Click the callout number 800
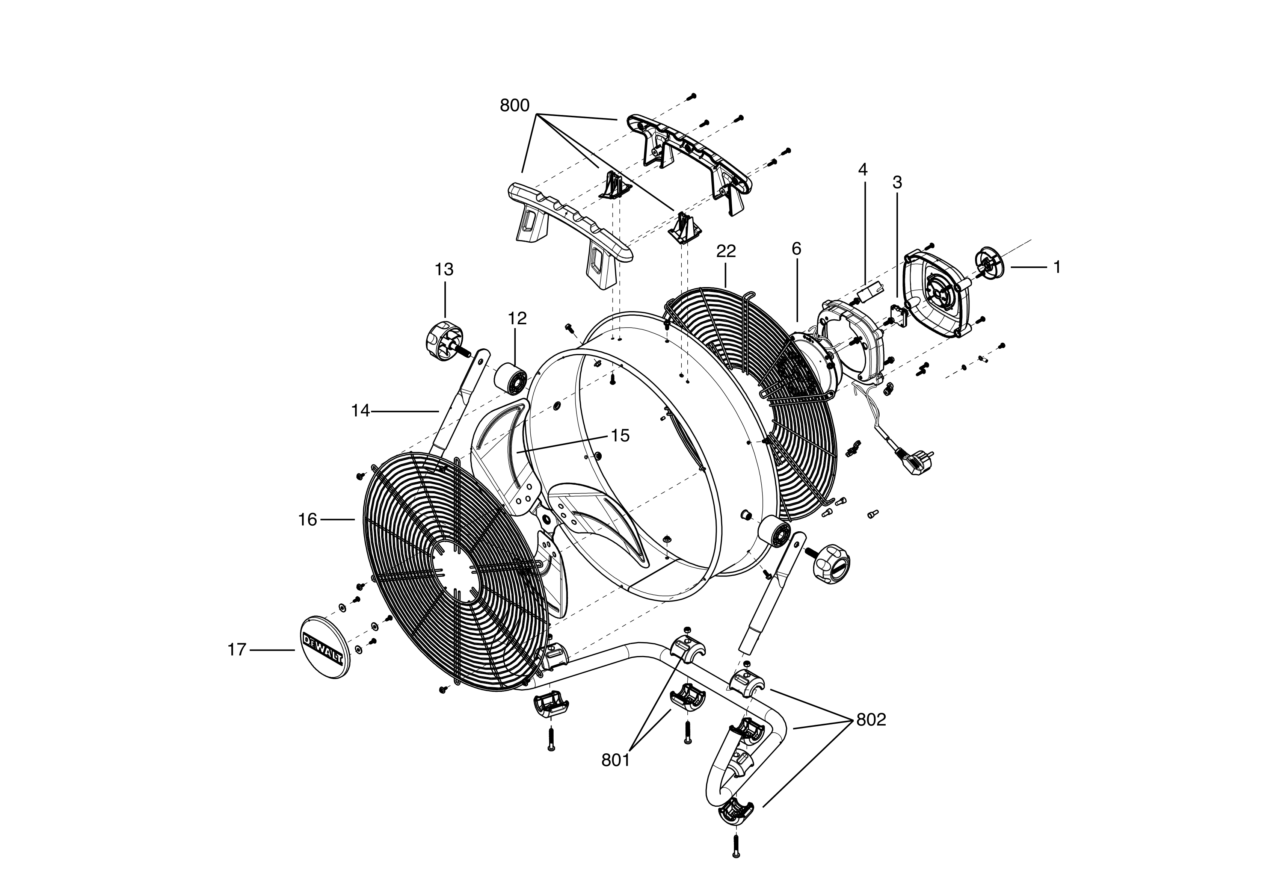click(514, 106)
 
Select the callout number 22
click(726, 251)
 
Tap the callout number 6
click(796, 249)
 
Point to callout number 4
click(862, 170)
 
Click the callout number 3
click(897, 183)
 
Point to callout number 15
click(620, 435)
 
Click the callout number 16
click(308, 519)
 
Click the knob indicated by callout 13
click(445, 337)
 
